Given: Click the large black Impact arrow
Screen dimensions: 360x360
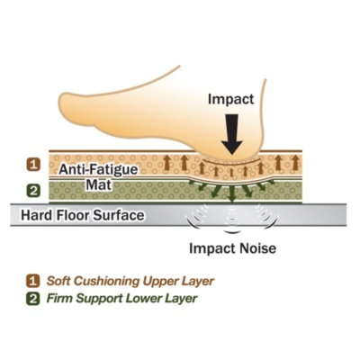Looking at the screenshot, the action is point(231,134).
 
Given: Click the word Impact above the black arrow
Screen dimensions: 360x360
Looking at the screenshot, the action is point(231,99).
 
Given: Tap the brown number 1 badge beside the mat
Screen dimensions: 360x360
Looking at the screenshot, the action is point(33,165).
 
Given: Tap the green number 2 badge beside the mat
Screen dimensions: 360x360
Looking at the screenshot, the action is point(33,191).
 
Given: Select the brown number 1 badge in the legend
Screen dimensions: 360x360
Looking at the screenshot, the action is point(32,281).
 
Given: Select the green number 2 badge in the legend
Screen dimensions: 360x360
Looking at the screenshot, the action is point(32,299).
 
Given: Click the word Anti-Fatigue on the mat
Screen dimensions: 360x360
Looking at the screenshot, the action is point(98,169).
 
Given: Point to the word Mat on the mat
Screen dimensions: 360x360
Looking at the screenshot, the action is point(98,184).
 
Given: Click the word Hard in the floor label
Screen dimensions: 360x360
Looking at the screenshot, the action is point(35,215).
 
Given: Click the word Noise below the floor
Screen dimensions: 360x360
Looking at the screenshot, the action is point(257,248).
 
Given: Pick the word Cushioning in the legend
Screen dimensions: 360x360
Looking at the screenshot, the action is point(107,282).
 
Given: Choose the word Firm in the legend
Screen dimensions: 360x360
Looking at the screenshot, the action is point(59,299).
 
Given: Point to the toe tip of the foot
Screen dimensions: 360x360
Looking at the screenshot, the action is point(60,105).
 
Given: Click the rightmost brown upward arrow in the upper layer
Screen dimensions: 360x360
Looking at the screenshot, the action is point(295,163).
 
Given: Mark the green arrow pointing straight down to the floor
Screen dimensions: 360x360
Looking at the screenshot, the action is point(231,193).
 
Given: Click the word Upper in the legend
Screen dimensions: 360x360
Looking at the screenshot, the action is point(161,282).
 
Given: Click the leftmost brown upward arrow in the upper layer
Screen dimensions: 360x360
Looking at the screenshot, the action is point(166,164).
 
